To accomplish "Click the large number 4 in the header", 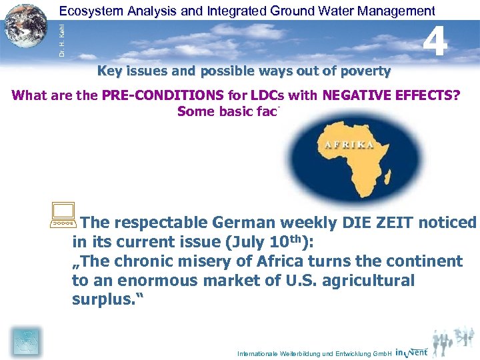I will pyautogui.click(x=435, y=42).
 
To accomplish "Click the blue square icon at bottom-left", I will pyautogui.click(x=27, y=342).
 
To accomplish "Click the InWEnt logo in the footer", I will pyautogui.click(x=411, y=351).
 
